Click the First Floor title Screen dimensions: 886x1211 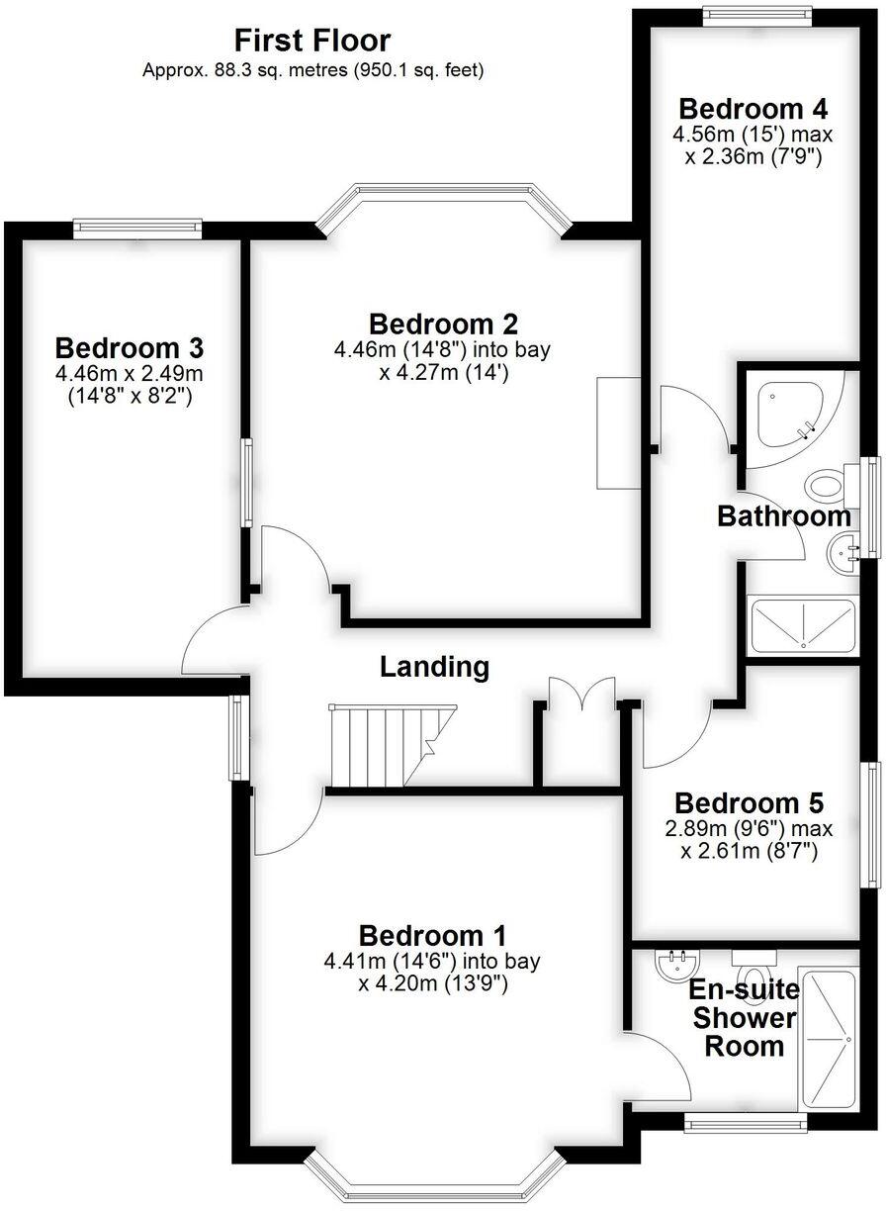[x=312, y=42]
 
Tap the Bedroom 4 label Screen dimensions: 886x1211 [x=753, y=109]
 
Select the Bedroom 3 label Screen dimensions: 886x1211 [x=130, y=347]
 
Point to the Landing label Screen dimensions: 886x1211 [x=434, y=667]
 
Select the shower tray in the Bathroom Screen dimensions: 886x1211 [x=802, y=625]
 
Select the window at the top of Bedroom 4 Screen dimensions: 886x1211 [x=757, y=16]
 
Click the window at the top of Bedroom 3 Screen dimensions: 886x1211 [x=137, y=229]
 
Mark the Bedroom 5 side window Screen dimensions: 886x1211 [x=870, y=825]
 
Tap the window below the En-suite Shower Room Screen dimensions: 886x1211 [x=746, y=1123]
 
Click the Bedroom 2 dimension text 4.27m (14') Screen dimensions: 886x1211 [x=444, y=372]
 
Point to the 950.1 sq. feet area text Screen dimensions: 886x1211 [x=418, y=70]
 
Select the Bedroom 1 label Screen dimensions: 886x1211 [x=433, y=936]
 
